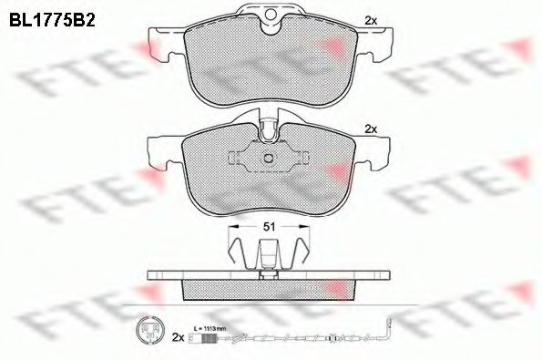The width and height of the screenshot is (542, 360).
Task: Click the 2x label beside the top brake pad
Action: pos(370,19)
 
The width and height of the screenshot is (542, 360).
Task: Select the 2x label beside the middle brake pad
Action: pos(370,129)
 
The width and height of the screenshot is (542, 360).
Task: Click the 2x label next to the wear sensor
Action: pos(179,337)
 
